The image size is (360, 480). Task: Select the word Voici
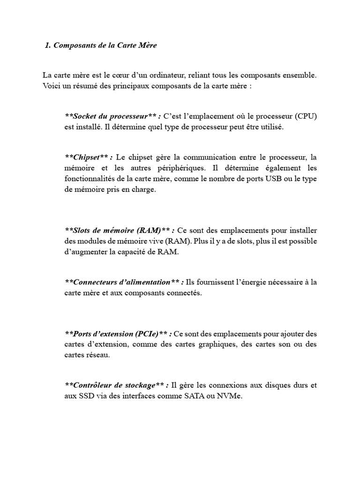tap(51, 87)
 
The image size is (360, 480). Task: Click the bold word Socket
tap(86, 116)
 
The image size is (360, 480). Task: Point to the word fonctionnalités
tap(89, 179)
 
